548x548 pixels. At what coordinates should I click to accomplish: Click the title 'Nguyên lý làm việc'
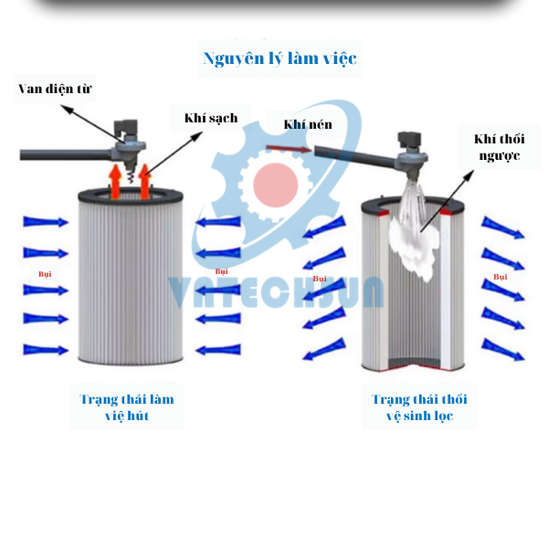(x=279, y=59)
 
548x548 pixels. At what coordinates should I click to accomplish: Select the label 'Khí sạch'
(x=210, y=118)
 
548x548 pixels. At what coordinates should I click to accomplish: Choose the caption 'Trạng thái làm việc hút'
(x=126, y=407)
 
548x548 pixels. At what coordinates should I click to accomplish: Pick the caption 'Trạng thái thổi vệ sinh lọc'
(x=419, y=407)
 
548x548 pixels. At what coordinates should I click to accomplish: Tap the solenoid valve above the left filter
(x=128, y=137)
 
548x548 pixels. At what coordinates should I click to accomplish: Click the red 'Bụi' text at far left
(x=45, y=273)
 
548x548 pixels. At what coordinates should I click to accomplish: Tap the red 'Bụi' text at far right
(x=500, y=276)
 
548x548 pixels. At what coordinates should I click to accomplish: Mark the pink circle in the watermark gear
(x=277, y=184)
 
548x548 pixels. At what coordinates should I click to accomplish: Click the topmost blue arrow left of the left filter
(x=46, y=222)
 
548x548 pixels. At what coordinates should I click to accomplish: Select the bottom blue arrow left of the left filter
(x=46, y=350)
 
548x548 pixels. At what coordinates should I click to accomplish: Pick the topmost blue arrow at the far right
(x=503, y=227)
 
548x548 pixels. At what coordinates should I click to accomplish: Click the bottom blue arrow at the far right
(x=503, y=349)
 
